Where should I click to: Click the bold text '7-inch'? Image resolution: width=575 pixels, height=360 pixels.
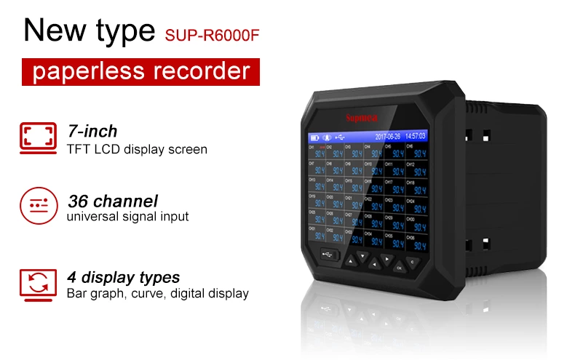(92, 132)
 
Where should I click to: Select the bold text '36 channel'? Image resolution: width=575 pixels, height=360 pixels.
(112, 200)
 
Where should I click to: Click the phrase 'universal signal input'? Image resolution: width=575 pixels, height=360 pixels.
(127, 216)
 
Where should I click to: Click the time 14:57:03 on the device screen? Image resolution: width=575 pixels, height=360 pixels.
(416, 136)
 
